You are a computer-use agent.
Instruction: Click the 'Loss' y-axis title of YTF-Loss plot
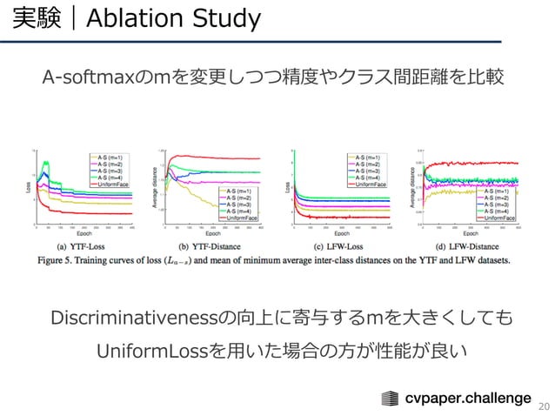(26, 186)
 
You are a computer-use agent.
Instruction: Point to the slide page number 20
(545, 406)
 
